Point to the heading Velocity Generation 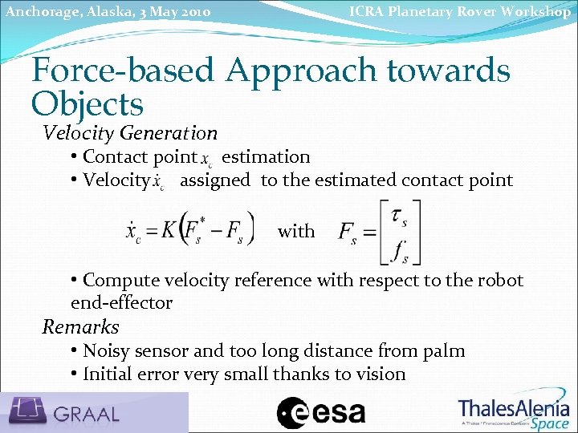[x=130, y=132]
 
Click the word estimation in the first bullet [x=266, y=157]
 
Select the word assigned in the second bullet [x=215, y=180]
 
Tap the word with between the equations [x=296, y=232]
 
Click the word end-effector [x=121, y=303]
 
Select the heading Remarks [x=80, y=327]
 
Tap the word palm [x=445, y=351]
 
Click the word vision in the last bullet [x=381, y=374]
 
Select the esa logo [x=321, y=413]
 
